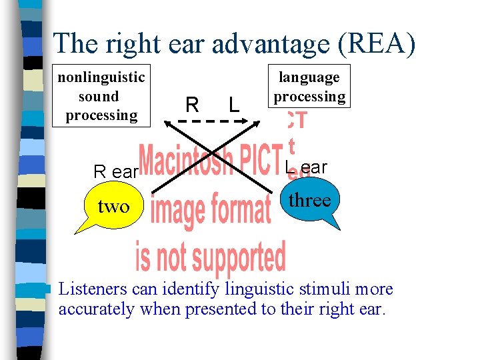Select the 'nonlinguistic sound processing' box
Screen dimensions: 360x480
pyautogui.click(x=101, y=96)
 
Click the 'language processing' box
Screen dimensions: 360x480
pyautogui.click(x=309, y=87)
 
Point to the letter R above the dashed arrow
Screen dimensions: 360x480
pyautogui.click(x=192, y=105)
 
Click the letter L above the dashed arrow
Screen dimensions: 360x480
pyautogui.click(x=233, y=105)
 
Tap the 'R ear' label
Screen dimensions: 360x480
pyautogui.click(x=115, y=172)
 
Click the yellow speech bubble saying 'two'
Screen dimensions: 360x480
pyautogui.click(x=113, y=207)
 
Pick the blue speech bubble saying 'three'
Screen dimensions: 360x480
pyautogui.click(x=309, y=200)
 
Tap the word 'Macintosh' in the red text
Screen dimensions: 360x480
pyautogui.click(x=187, y=162)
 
